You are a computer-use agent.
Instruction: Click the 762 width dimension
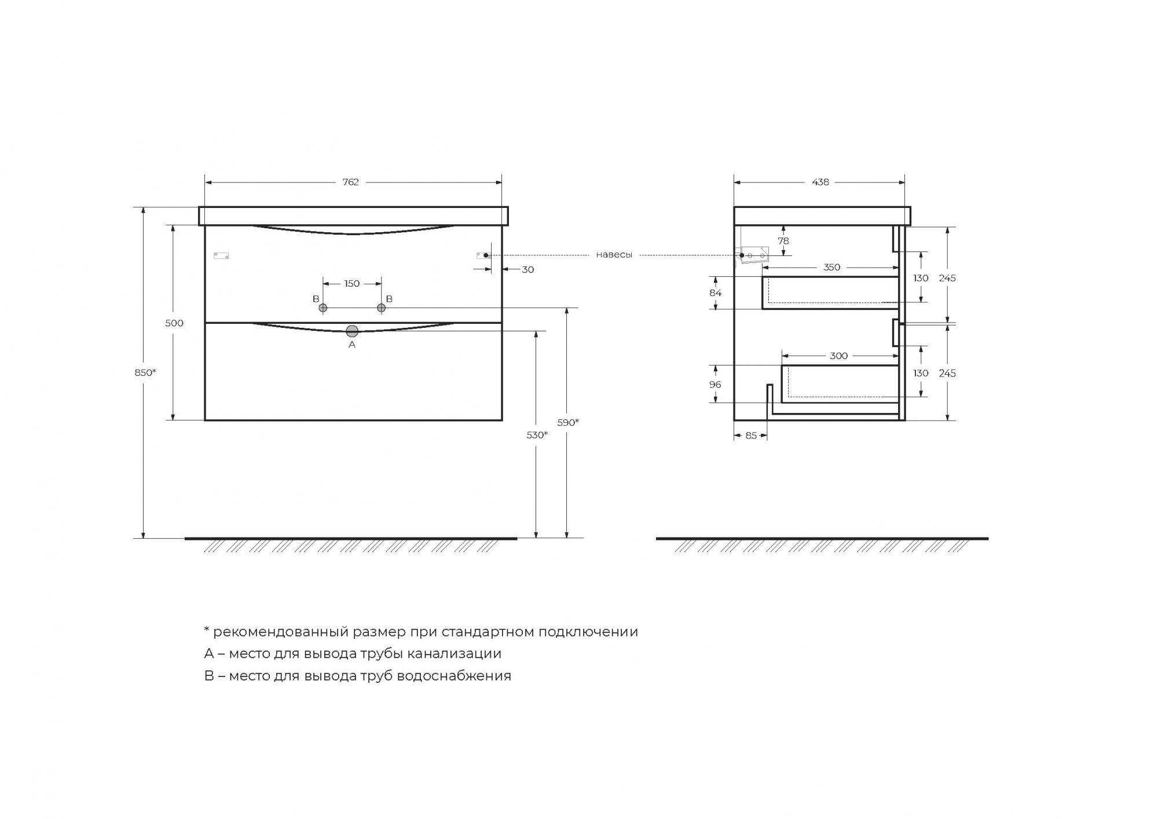[x=350, y=182]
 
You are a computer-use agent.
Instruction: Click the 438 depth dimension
[x=820, y=182]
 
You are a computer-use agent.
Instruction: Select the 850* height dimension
[x=145, y=372]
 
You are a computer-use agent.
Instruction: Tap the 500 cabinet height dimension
[x=174, y=323]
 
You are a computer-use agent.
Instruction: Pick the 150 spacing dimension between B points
[x=351, y=284]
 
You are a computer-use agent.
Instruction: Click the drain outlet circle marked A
[x=352, y=331]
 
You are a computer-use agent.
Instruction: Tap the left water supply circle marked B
[x=323, y=308]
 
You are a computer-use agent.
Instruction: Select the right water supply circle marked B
[x=381, y=308]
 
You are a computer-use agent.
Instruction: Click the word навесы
[x=614, y=255]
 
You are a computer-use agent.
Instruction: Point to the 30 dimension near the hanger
[x=527, y=269]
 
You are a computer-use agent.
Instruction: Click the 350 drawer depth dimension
[x=831, y=267]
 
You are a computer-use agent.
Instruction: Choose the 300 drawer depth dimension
[x=838, y=356]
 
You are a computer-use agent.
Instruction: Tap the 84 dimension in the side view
[x=716, y=292]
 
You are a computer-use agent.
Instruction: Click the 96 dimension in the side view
[x=715, y=385]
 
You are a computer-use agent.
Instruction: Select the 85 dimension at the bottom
[x=751, y=436]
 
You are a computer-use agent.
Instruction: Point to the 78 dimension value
[x=783, y=241]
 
